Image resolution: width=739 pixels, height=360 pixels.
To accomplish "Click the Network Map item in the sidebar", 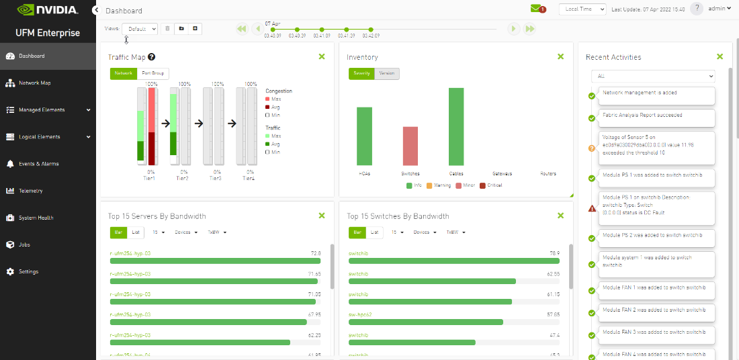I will pyautogui.click(x=34, y=83).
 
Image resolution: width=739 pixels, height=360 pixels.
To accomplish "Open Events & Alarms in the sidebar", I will pyautogui.click(x=38, y=164).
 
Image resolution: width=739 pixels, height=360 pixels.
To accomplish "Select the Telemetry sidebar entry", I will pyautogui.click(x=30, y=191).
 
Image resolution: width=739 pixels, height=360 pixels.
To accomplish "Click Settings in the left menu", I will pyautogui.click(x=28, y=272).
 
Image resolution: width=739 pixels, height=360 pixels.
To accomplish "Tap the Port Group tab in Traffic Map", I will pyautogui.click(x=153, y=73).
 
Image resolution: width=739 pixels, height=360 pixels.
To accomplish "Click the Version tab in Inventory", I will pyautogui.click(x=387, y=73).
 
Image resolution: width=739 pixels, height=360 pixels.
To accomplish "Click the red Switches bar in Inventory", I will pyautogui.click(x=410, y=146).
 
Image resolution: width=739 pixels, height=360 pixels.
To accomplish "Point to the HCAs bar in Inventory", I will pyautogui.click(x=364, y=136).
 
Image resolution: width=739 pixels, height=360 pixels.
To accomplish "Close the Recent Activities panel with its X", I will pyautogui.click(x=720, y=57).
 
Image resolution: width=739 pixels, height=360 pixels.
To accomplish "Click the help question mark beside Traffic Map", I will pyautogui.click(x=152, y=57).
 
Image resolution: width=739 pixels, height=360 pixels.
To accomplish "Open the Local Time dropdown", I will pyautogui.click(x=582, y=9).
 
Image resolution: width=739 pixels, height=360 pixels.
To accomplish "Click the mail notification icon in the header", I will pyautogui.click(x=536, y=9).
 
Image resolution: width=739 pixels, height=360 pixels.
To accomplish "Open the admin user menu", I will pyautogui.click(x=720, y=9).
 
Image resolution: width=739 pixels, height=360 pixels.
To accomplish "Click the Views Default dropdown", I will pyautogui.click(x=140, y=29).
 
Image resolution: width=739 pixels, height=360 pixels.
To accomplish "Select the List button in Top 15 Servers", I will pyautogui.click(x=136, y=232).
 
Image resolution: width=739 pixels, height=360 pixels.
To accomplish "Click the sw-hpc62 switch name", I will pyautogui.click(x=360, y=314).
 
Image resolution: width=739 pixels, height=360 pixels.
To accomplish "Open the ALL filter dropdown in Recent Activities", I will pyautogui.click(x=653, y=77).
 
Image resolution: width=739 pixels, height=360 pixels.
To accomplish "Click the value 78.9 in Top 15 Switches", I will pyautogui.click(x=554, y=253).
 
